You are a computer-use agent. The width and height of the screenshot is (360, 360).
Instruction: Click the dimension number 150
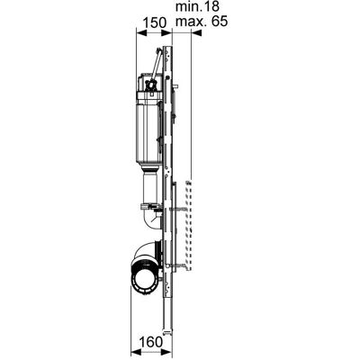coord(154,22)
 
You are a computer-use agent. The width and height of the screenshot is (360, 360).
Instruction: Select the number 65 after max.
coord(220,22)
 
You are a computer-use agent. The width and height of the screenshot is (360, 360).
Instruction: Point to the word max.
coord(191,22)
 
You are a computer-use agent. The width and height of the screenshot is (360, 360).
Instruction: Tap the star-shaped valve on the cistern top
coord(149,85)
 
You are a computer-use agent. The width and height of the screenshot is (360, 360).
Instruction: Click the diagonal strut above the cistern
coord(156,65)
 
